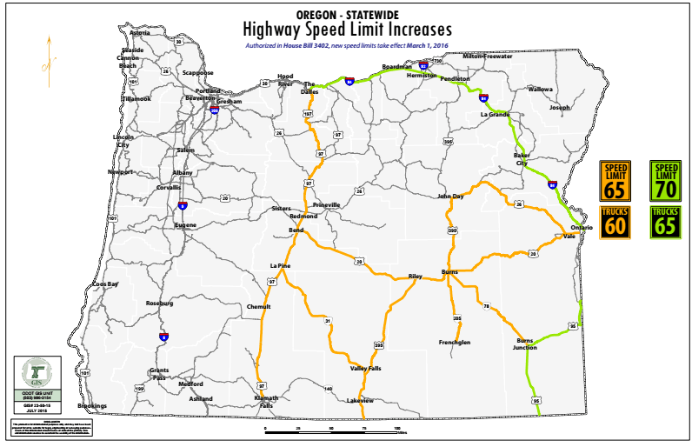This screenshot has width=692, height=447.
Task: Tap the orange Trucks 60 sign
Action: click(x=616, y=222)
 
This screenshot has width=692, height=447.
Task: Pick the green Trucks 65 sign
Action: click(x=667, y=222)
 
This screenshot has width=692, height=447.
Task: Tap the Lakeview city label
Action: click(x=359, y=400)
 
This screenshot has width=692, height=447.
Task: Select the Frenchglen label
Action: click(x=456, y=342)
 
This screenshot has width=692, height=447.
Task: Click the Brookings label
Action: click(x=92, y=405)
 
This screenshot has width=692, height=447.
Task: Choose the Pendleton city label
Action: click(x=455, y=78)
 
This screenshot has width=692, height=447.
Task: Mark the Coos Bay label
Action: click(x=106, y=284)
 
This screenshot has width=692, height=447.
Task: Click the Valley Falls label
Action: click(x=365, y=369)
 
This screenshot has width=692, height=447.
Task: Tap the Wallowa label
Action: click(x=540, y=89)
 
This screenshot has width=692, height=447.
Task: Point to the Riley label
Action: click(x=415, y=276)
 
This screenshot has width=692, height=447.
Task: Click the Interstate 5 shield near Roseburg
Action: click(x=163, y=336)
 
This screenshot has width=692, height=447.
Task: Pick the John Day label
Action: click(x=452, y=197)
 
